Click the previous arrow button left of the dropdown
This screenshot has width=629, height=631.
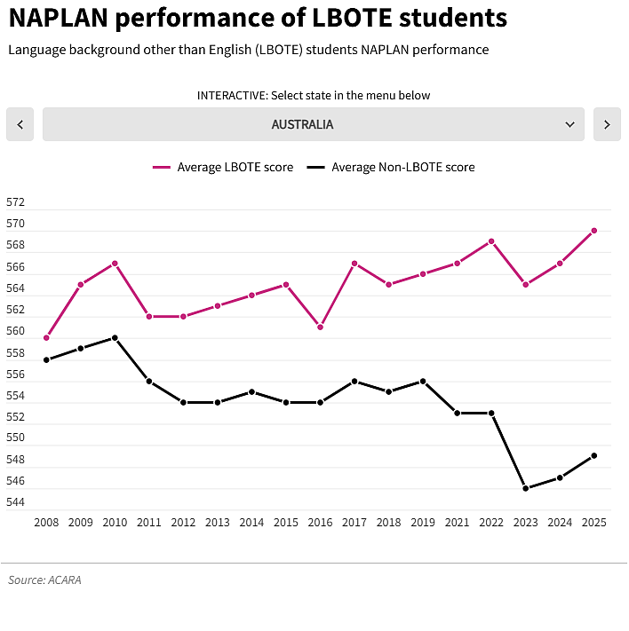[20, 124]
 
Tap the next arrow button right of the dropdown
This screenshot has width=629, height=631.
[607, 124]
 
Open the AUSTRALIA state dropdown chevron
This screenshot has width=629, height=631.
[569, 124]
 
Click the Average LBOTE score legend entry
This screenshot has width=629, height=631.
[223, 167]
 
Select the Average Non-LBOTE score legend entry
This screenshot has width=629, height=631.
[390, 167]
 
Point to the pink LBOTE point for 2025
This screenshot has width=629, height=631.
[594, 231]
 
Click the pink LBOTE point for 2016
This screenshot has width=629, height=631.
[321, 327]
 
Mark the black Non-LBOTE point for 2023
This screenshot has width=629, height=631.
[525, 488]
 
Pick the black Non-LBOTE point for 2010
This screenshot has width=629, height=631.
[115, 337]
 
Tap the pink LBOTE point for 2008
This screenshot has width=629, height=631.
[46, 337]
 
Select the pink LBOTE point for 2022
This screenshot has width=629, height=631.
[491, 241]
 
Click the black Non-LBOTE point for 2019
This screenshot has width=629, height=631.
[423, 381]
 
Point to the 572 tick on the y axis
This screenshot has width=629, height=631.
[15, 202]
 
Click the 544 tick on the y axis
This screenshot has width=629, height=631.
[15, 502]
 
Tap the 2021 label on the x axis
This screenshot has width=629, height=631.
[457, 523]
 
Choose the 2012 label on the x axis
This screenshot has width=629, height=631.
[183, 523]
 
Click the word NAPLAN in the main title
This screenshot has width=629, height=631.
[59, 18]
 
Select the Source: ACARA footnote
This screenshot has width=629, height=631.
[44, 580]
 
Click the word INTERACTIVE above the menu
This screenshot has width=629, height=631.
[233, 95]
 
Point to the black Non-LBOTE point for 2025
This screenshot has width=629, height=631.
[594, 455]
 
